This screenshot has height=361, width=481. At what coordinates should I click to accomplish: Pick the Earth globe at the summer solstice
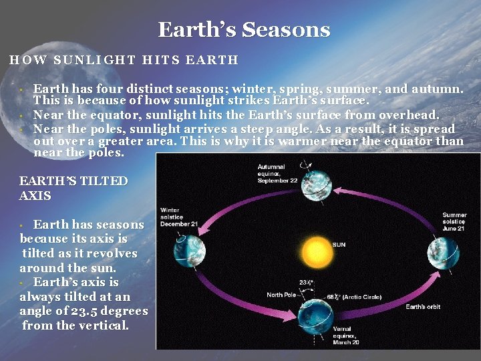coord(443,253)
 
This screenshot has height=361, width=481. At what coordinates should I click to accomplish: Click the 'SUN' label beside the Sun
coord(339,245)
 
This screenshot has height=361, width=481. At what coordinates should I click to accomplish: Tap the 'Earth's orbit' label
coord(423,307)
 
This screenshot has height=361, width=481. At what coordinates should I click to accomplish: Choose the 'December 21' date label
coord(179,224)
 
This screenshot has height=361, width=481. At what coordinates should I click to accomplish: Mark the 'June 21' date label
coord(454,229)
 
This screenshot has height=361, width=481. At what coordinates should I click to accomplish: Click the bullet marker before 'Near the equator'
coord(22,115)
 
